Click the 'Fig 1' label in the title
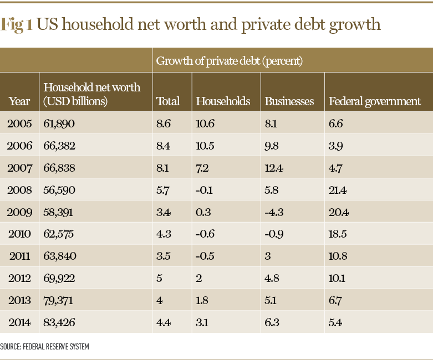click(17, 25)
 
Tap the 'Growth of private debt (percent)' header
click(229, 61)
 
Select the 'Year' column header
click(19, 101)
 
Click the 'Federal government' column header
click(375, 101)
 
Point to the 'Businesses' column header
click(289, 101)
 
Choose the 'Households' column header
click(223, 101)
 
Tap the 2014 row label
click(20, 320)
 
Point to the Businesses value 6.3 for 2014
click(272, 320)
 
